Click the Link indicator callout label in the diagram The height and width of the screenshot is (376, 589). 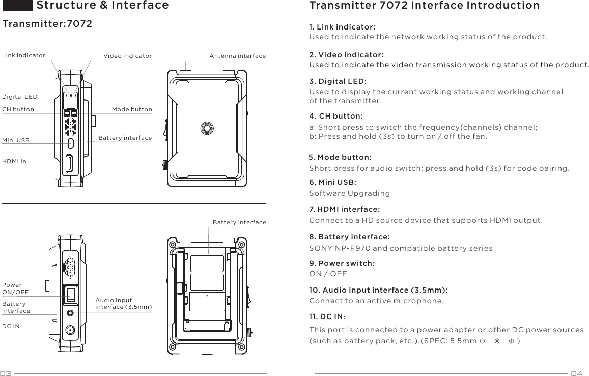(23, 55)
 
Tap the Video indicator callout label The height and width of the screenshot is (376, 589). (127, 56)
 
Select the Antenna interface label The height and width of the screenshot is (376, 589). (237, 56)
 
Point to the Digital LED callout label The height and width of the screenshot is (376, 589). (19, 97)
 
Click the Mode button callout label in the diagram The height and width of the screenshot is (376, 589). (132, 109)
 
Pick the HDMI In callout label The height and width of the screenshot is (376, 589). (14, 161)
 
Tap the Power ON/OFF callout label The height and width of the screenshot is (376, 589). (15, 288)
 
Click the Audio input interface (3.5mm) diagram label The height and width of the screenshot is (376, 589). (124, 304)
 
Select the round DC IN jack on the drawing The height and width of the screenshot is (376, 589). (70, 330)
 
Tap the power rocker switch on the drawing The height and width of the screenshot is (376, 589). (70, 295)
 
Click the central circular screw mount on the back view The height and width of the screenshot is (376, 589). (207, 128)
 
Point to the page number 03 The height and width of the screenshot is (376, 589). (6, 373)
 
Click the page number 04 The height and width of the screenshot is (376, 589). (576, 373)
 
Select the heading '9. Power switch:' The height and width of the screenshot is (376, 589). (342, 263)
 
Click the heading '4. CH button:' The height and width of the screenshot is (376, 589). (336, 117)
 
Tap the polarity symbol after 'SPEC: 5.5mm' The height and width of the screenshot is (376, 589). (496, 341)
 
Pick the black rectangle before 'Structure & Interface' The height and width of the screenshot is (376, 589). (17, 5)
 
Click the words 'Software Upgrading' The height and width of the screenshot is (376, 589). (350, 193)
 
